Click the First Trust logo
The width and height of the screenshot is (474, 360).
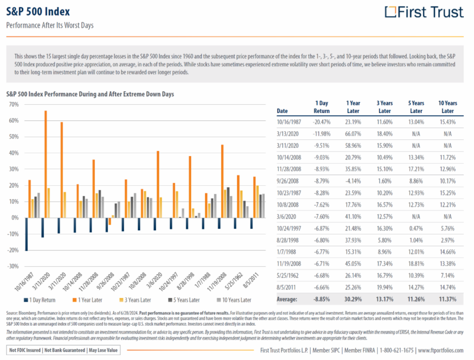pyautogui.click(x=424, y=12)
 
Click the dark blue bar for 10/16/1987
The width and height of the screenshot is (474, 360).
pyautogui.click(x=26, y=234)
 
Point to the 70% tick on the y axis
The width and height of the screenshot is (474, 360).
pyautogui.click(x=13, y=105)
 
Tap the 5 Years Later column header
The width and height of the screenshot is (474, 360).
pyautogui.click(x=416, y=107)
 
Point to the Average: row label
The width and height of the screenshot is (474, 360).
pyautogui.click(x=287, y=299)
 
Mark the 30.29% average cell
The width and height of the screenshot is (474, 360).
pyautogui.click(x=353, y=299)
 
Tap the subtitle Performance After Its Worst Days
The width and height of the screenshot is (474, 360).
pyautogui.click(x=50, y=25)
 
